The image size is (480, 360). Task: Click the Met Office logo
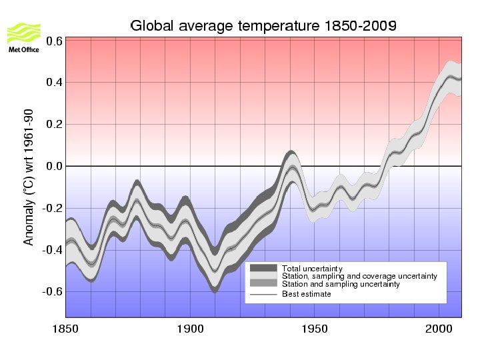point(23,37)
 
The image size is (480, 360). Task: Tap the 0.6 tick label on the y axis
point(54,41)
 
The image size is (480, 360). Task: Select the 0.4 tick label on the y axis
point(54,83)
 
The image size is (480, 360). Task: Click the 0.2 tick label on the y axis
point(54,125)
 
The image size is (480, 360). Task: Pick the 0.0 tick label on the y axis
point(54,166)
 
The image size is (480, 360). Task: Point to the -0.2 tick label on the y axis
point(53,208)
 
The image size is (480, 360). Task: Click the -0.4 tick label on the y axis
point(53,250)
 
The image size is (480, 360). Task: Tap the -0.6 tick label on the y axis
point(53,291)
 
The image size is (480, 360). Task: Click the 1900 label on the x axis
point(190,329)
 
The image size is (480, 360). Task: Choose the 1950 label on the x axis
point(315,329)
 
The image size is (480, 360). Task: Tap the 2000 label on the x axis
point(439,329)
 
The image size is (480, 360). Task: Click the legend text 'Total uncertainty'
point(312,269)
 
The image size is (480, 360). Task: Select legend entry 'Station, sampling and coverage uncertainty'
point(359,276)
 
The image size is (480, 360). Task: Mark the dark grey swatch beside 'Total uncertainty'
point(263,268)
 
